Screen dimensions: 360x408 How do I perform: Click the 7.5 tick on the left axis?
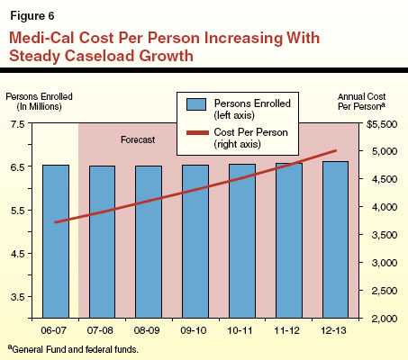click(x=16, y=123)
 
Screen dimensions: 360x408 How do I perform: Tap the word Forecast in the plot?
click(x=139, y=141)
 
